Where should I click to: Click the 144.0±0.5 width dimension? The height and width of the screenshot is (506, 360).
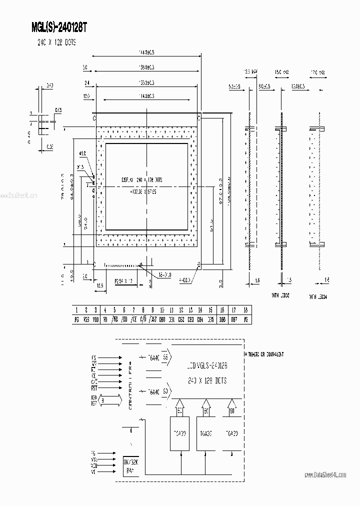[146, 52]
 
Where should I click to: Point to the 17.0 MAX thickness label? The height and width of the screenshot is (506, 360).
[318, 72]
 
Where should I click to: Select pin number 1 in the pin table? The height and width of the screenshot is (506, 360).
[76, 310]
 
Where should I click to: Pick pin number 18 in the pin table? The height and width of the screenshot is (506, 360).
[245, 310]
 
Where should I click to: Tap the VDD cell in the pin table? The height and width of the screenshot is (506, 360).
[95, 318]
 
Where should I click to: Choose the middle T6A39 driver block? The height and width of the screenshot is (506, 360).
[205, 433]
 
